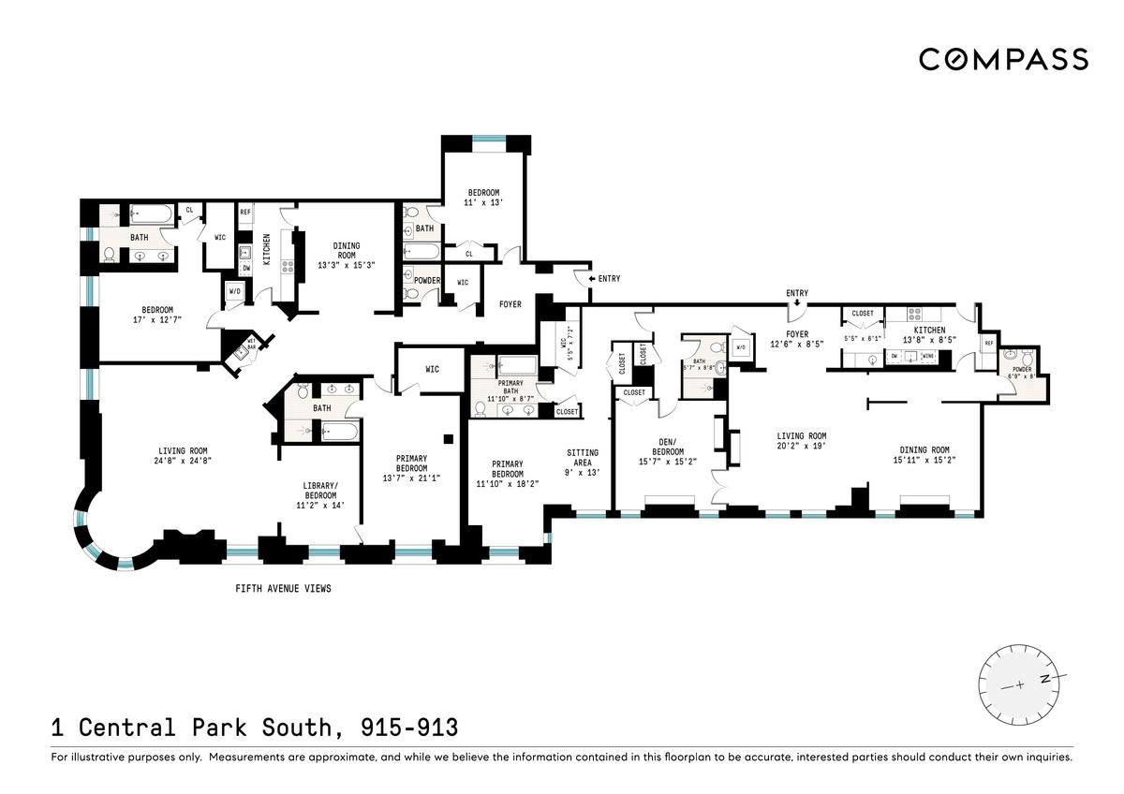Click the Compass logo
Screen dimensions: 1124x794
(x=1003, y=60)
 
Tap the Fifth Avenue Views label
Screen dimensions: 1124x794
(x=283, y=588)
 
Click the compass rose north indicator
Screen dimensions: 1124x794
(x=1045, y=679)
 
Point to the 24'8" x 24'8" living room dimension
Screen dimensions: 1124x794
(x=183, y=461)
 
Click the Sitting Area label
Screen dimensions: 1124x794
(x=583, y=458)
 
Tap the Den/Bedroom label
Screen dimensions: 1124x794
(x=668, y=447)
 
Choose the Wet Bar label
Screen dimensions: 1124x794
(x=251, y=344)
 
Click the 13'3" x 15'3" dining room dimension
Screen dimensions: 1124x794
(x=347, y=265)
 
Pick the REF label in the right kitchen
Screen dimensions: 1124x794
(x=989, y=343)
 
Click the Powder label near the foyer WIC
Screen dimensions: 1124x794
(x=427, y=280)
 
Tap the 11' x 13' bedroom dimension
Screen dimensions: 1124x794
(x=483, y=202)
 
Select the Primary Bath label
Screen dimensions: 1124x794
(x=510, y=387)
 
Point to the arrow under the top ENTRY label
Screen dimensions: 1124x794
(x=797, y=302)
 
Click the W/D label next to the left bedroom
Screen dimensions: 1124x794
(x=235, y=291)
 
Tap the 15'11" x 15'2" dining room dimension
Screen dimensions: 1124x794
(x=924, y=460)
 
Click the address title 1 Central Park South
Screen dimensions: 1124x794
(x=199, y=728)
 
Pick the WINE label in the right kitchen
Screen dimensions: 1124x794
(x=929, y=356)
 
